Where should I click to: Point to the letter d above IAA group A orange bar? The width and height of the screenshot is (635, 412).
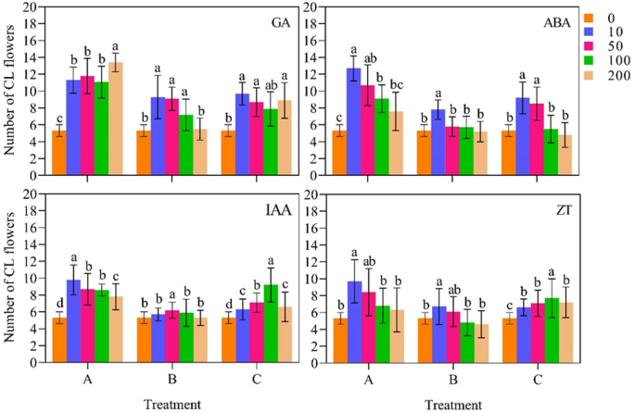(x=58, y=301)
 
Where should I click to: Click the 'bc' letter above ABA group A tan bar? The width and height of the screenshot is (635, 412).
(x=395, y=78)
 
